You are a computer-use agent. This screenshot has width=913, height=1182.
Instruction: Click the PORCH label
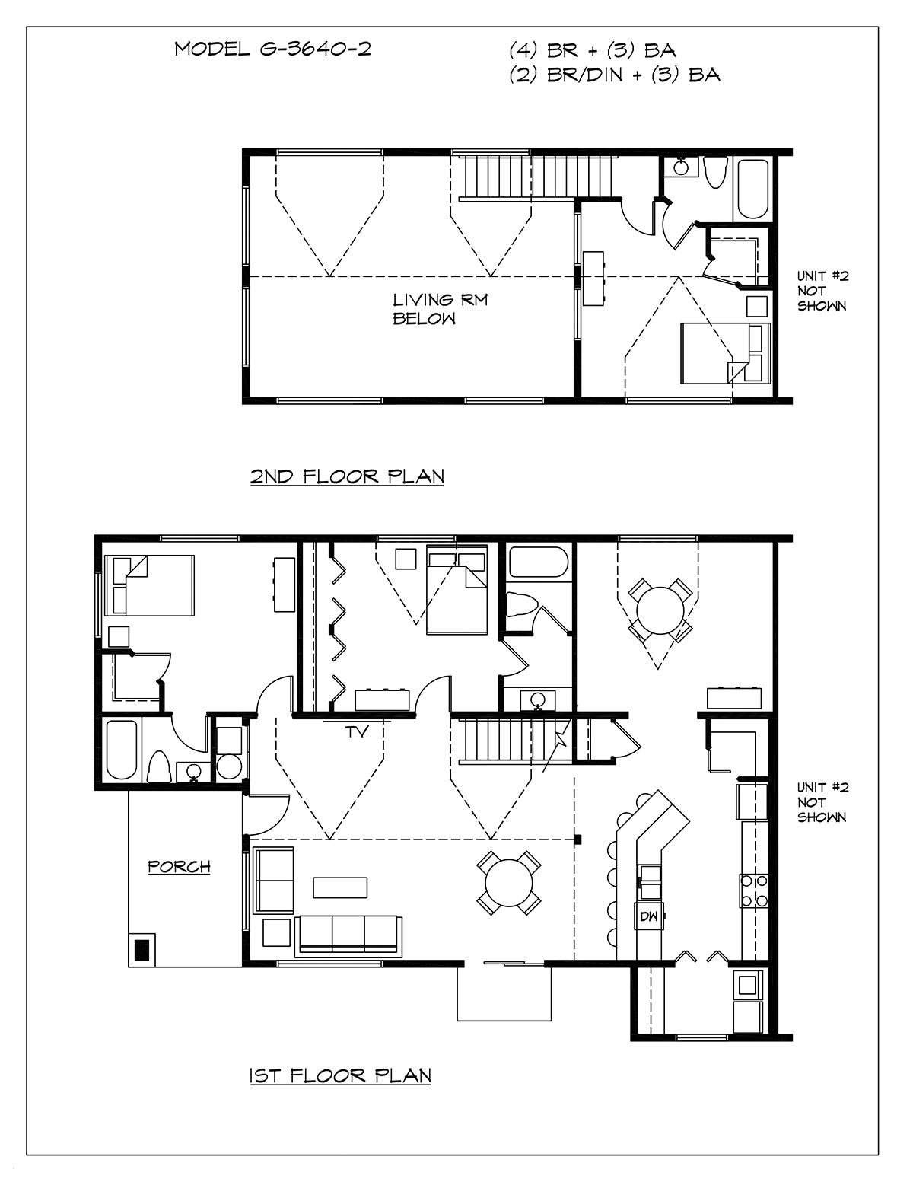click(x=179, y=866)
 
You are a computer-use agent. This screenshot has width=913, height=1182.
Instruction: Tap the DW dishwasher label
click(x=649, y=916)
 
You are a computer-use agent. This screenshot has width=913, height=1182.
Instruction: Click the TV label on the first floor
click(x=358, y=732)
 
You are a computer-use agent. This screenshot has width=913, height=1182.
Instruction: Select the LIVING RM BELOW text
click(x=440, y=309)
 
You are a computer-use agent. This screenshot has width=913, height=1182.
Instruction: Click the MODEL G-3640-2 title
click(x=273, y=49)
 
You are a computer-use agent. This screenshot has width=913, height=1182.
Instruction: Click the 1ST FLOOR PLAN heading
click(x=341, y=1075)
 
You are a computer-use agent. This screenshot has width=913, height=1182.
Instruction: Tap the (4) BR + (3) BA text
click(x=593, y=50)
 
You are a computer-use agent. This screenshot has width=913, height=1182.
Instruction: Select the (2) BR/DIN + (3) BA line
click(x=615, y=75)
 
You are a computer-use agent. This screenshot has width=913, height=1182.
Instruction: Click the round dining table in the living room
click(x=509, y=883)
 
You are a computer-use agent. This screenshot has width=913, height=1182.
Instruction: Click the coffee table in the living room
click(x=340, y=887)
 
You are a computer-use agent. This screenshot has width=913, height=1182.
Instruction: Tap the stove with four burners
click(x=754, y=891)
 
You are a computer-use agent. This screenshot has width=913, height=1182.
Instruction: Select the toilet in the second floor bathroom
click(x=715, y=172)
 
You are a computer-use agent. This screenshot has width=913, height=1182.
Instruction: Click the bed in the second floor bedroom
click(x=726, y=354)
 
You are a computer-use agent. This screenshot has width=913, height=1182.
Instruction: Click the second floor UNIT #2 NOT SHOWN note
click(x=822, y=291)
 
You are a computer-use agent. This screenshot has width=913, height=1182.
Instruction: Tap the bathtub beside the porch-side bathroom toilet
click(x=122, y=750)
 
